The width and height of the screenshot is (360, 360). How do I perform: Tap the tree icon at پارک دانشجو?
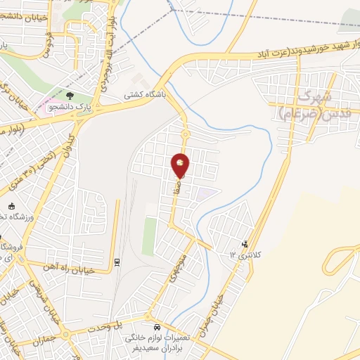pyautogui.click(x=69, y=94)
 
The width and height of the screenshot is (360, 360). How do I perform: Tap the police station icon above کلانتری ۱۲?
pyautogui.click(x=245, y=244)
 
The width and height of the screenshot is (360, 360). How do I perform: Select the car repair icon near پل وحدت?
pyautogui.click(x=157, y=327)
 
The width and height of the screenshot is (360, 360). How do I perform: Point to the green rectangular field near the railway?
pyautogui.click(x=149, y=236)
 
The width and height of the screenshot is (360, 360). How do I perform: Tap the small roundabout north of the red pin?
pyautogui.click(x=186, y=134)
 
